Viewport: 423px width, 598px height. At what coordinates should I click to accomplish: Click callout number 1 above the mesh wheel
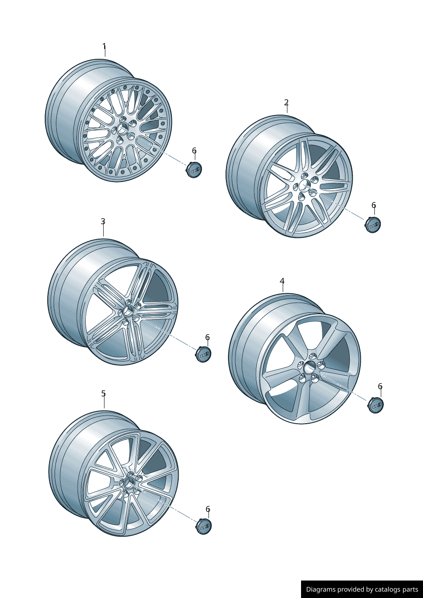104,46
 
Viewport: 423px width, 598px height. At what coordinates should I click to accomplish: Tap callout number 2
286,102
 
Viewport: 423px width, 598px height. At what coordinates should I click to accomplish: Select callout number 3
103,221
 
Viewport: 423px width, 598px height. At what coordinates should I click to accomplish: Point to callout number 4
282,281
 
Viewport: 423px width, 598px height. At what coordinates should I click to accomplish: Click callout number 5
103,393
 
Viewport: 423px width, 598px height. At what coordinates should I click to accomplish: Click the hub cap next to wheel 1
194,170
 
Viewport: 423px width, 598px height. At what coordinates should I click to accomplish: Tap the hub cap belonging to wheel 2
373,225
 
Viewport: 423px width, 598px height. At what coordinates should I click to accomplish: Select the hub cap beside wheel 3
204,354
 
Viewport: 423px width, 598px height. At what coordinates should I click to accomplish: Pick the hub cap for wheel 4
376,405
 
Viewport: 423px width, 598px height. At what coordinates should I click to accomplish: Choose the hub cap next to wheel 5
204,526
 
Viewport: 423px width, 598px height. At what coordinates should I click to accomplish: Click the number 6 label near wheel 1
194,150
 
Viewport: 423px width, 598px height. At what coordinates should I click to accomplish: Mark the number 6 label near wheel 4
380,387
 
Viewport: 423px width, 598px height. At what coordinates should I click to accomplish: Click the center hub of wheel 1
123,129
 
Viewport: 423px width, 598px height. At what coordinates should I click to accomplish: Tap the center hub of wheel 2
304,185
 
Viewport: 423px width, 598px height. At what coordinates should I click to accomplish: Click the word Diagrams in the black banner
321,589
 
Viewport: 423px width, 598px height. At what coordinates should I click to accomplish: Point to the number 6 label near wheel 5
208,509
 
